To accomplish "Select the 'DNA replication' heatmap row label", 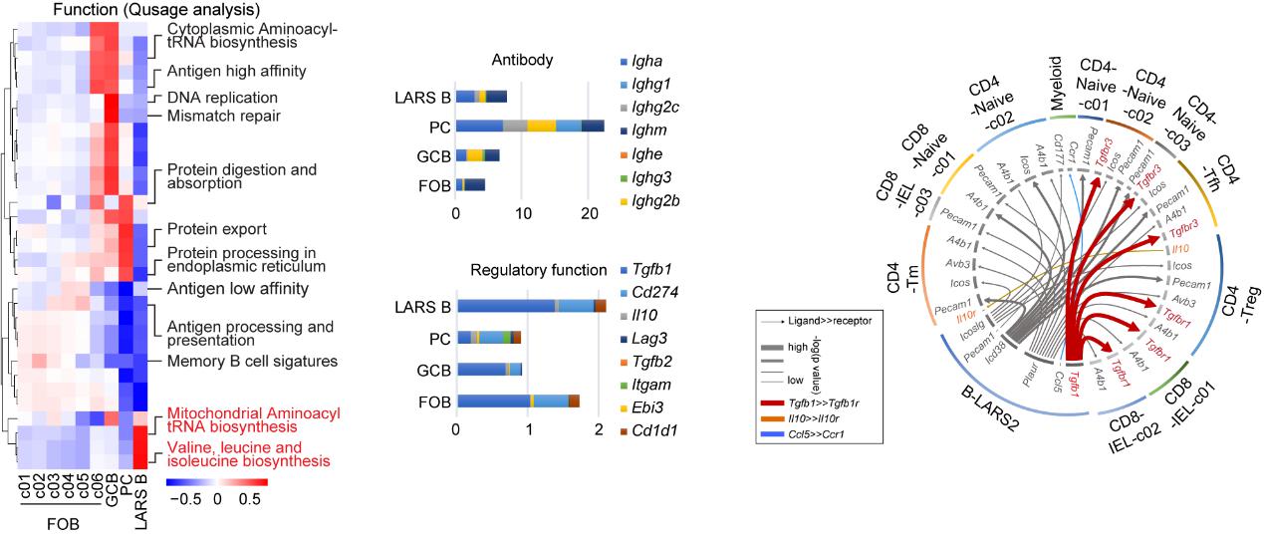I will (x=222, y=98).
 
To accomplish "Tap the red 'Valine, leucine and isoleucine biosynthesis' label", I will (x=248, y=453).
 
